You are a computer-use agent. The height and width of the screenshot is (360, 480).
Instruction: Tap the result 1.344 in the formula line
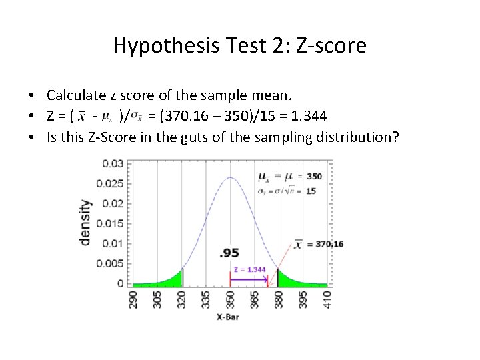[305, 117]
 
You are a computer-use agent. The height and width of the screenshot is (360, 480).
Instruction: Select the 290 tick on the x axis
[133, 298]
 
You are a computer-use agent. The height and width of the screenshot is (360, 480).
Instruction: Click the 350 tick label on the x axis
[231, 298]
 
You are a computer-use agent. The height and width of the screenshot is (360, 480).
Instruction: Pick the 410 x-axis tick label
[327, 298]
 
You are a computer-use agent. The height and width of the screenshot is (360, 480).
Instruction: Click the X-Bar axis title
[229, 317]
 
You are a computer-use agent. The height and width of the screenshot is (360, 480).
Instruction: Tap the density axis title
[86, 222]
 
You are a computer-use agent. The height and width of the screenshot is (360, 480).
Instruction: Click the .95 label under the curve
[229, 253]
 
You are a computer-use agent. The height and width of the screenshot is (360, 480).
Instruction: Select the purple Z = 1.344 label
[249, 269]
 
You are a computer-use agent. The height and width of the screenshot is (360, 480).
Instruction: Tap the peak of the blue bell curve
[230, 178]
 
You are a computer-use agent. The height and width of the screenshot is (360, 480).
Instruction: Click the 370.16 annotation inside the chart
[329, 244]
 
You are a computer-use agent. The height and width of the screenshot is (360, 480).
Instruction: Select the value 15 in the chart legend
[311, 191]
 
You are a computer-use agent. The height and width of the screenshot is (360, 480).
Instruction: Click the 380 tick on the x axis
[279, 298]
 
